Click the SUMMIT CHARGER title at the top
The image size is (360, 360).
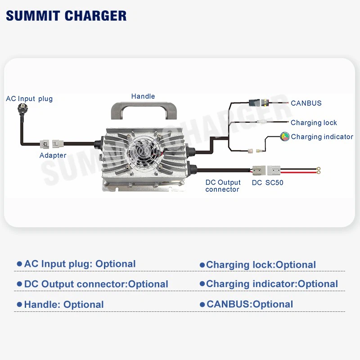pyautogui.click(x=66, y=15)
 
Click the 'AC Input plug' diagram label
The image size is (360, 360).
pyautogui.click(x=29, y=99)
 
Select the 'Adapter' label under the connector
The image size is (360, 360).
pyautogui.click(x=53, y=155)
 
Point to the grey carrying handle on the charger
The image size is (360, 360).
pyautogui.click(x=143, y=111)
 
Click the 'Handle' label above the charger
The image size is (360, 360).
pyautogui.click(x=143, y=96)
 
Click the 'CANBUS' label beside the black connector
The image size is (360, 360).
pyautogui.click(x=306, y=103)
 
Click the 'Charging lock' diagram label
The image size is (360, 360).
pyautogui.click(x=314, y=122)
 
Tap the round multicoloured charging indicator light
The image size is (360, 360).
pyautogui.click(x=285, y=136)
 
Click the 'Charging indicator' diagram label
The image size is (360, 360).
pyautogui.click(x=322, y=137)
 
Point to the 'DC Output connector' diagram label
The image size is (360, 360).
pyautogui.click(x=223, y=186)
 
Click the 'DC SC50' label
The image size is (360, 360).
pyautogui.click(x=267, y=183)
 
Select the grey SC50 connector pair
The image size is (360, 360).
pyautogui.click(x=266, y=171)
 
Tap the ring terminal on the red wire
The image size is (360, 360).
pyautogui.click(x=319, y=170)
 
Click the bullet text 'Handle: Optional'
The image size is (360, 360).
pyautogui.click(x=64, y=305)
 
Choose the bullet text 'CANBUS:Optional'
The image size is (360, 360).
pyautogui.click(x=250, y=304)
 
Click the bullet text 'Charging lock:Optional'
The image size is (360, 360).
pyautogui.click(x=261, y=265)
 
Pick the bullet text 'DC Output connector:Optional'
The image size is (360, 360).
pyautogui.click(x=96, y=284)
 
